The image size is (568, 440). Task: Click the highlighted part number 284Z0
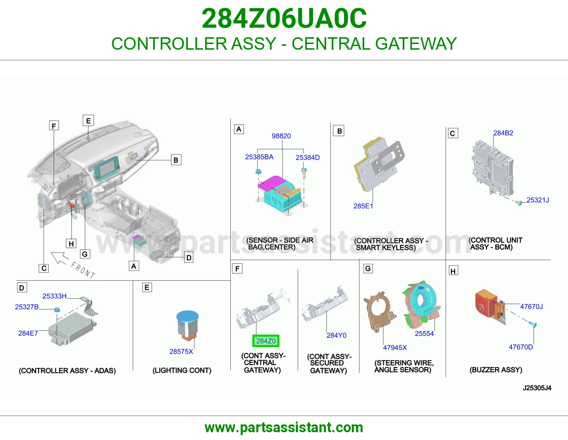pyautogui.click(x=266, y=341)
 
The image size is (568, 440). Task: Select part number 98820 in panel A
pyautogui.click(x=281, y=136)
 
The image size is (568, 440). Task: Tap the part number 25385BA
pyautogui.click(x=259, y=157)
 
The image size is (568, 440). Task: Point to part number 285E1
pyautogui.click(x=363, y=206)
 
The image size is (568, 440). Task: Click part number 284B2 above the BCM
pyautogui.click(x=503, y=133)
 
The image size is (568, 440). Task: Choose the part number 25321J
pyautogui.click(x=538, y=200)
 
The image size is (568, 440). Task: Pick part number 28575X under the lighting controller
pyautogui.click(x=181, y=351)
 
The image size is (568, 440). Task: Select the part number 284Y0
pyautogui.click(x=337, y=335)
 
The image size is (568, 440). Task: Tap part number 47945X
pyautogui.click(x=395, y=347)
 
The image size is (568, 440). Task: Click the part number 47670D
pyautogui.click(x=521, y=347)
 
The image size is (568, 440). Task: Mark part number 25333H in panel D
pyautogui.click(x=54, y=296)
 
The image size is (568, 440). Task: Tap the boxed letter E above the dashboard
pyautogui.click(x=88, y=121)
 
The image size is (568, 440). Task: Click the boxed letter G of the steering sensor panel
pyautogui.click(x=368, y=269)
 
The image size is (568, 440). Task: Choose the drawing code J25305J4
pyautogui.click(x=537, y=388)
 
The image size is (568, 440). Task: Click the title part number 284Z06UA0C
pyautogui.click(x=284, y=18)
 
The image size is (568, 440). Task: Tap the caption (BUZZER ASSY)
pyautogui.click(x=496, y=370)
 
